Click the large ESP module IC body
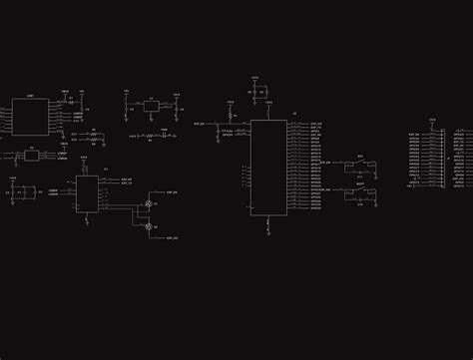click(268, 167)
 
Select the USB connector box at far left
click(25, 117)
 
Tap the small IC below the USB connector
click(31, 156)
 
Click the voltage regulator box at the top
click(151, 105)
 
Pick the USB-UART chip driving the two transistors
click(87, 193)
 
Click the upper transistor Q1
click(149, 203)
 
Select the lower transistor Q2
click(149, 227)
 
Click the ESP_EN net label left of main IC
click(200, 124)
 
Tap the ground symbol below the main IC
click(268, 231)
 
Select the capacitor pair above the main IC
click(261, 92)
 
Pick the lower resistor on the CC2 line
click(93, 142)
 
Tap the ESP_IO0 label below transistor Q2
click(172, 239)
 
